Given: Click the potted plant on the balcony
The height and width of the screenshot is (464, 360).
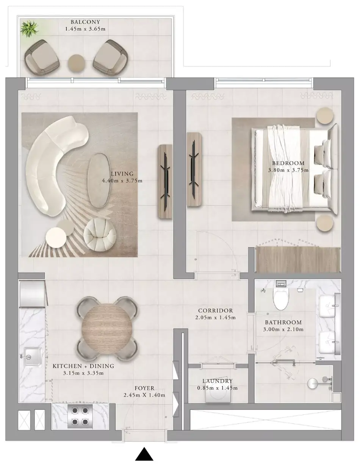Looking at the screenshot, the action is (29, 28).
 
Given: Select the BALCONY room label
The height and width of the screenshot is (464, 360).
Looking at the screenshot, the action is (85, 22).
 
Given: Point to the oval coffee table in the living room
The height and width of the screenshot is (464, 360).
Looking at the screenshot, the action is (99, 180).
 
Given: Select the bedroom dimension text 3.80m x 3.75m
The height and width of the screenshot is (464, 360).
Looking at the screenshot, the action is (288, 170).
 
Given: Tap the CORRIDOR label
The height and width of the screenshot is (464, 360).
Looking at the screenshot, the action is (216, 311).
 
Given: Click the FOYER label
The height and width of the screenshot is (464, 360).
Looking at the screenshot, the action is (144, 388).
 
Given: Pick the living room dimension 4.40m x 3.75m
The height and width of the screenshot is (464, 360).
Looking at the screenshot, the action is (122, 181).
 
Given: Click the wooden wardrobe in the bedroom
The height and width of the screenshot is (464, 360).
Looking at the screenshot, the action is (298, 260).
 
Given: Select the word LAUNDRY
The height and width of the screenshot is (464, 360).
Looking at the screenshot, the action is (218, 381).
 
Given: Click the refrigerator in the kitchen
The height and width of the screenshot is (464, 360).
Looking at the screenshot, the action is (32, 294).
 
